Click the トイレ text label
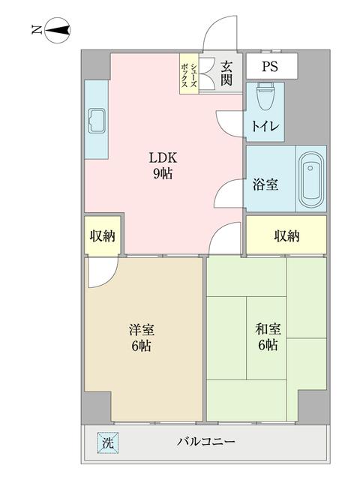tap(265, 127)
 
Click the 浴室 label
tap(265, 183)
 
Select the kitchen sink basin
tap(96, 120)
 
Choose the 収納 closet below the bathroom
tap(286, 235)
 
